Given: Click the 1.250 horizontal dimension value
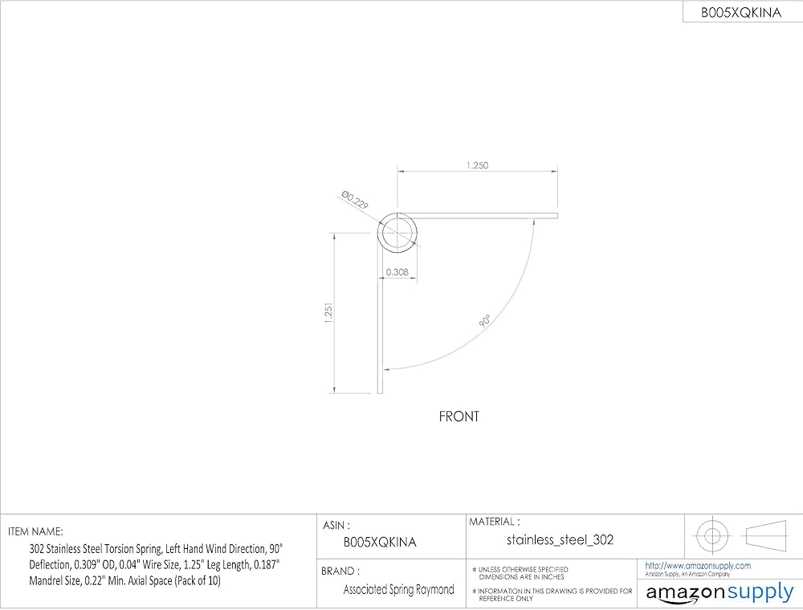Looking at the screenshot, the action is pos(477,165).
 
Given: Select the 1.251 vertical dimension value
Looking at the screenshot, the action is pos(328,312).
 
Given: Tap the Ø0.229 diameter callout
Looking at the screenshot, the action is pos(355,200).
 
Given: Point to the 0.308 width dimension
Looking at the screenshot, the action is pos(397,272).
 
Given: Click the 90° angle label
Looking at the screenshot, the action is pos(484,321).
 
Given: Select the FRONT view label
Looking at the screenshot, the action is pos(459,417).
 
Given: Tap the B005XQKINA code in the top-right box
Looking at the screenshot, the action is pos(741,13).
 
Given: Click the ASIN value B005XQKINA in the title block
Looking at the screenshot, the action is pos(380,543).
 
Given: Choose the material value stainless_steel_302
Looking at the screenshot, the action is pos(560,540).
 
